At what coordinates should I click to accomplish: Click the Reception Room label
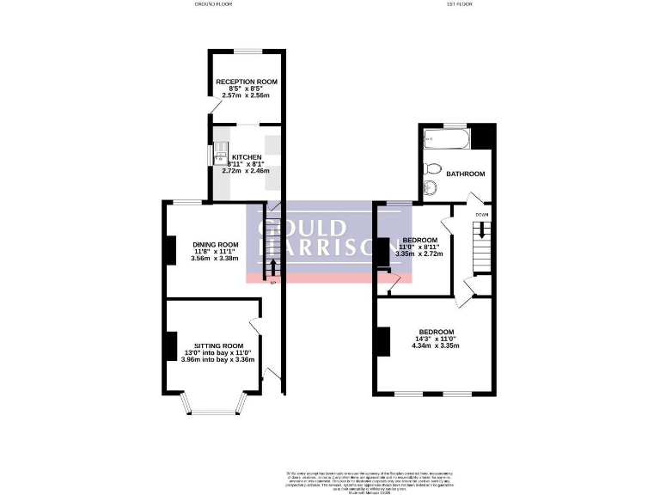point(246,81)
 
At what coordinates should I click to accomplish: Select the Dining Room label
point(215,244)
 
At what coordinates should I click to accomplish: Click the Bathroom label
point(465,174)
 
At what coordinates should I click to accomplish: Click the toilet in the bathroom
point(433,168)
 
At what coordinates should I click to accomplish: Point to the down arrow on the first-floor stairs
point(481,230)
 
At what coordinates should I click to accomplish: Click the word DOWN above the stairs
point(481,214)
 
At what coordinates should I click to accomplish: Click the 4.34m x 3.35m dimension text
point(437,346)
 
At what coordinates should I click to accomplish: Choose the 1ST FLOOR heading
point(431,3)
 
